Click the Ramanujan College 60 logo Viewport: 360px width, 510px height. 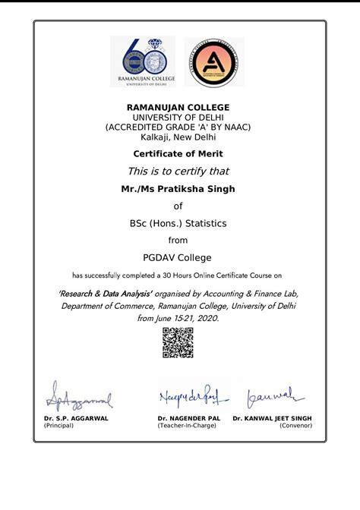pos(142,61)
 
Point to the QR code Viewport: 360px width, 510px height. pos(178,343)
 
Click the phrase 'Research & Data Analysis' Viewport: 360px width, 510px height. pos(106,293)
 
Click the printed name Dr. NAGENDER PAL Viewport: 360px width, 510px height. pos(189,418)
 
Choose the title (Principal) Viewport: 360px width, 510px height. pos(59,426)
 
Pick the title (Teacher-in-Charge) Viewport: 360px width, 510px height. pos(187,426)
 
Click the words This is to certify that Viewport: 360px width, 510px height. pos(178,171)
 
